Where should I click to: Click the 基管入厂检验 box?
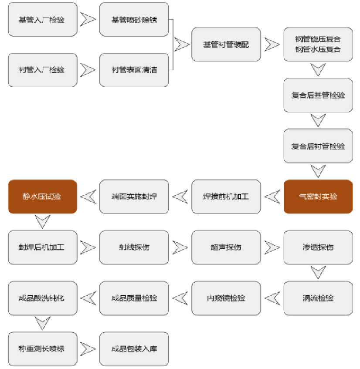[42, 20]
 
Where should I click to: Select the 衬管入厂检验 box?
[42, 70]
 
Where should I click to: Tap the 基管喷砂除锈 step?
[134, 20]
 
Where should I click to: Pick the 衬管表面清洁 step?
[134, 70]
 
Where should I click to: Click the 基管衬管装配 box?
[226, 44]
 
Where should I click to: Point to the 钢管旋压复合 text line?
[318, 40]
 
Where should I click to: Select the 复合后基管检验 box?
[318, 95]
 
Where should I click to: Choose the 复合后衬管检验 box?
[318, 146]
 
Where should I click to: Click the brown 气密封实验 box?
[318, 196]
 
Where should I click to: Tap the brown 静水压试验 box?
[42, 196]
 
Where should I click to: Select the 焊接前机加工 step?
[226, 196]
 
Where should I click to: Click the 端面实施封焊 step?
[134, 196]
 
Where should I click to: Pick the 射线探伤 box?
[134, 247]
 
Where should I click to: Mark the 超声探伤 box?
[226, 247]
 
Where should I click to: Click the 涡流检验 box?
[318, 298]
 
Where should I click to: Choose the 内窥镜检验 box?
[226, 298]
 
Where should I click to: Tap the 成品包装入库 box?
[134, 349]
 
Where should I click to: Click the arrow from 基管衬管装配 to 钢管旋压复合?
[272, 44]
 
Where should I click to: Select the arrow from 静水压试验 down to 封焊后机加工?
[42, 222]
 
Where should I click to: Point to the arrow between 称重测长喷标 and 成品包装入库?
[88, 349]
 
